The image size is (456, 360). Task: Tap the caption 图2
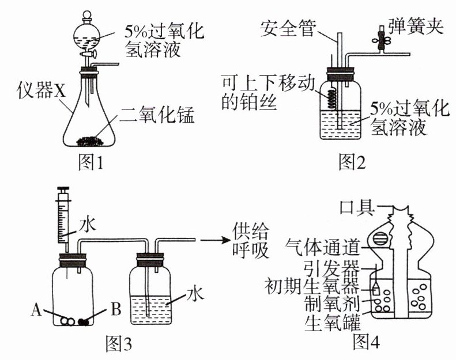(352, 164)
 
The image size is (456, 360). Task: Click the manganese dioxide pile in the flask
(91, 140)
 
